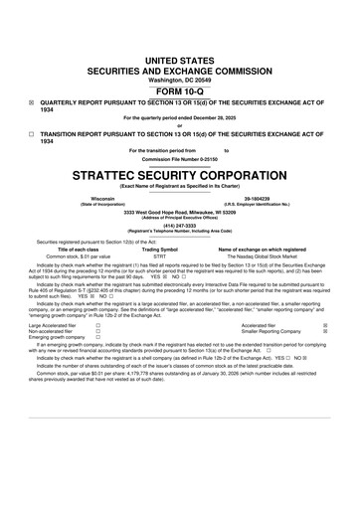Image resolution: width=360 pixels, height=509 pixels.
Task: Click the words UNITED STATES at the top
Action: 179,62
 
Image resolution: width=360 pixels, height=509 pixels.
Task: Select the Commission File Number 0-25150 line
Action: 179,159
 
